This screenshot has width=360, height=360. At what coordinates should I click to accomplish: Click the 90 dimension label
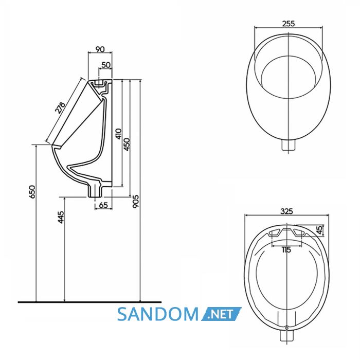click(100, 49)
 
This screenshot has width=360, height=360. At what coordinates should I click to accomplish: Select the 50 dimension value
click(106, 65)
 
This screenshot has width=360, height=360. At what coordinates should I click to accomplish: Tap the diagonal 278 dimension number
click(60, 107)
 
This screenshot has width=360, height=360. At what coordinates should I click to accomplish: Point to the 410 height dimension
click(118, 134)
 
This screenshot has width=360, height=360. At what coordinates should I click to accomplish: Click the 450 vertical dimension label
click(127, 145)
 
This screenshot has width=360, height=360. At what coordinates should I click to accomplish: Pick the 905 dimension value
click(136, 202)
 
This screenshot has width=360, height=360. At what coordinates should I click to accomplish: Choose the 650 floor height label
click(32, 191)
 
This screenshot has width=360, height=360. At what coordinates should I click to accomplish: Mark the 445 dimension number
click(61, 217)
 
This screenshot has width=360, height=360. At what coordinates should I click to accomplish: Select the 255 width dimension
click(289, 24)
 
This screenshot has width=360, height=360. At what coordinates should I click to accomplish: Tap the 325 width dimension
click(287, 211)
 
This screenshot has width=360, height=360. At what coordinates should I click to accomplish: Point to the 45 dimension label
click(320, 230)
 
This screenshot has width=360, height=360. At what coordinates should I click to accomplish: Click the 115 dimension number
click(286, 250)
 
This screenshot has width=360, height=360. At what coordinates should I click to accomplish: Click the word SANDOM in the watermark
click(158, 314)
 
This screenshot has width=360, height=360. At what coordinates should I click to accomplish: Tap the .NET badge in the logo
click(221, 314)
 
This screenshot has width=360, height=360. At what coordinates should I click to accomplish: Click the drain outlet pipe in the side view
click(96, 190)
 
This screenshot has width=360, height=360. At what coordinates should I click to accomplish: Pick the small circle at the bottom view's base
click(287, 328)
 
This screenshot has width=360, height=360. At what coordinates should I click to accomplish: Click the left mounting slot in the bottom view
click(274, 233)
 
